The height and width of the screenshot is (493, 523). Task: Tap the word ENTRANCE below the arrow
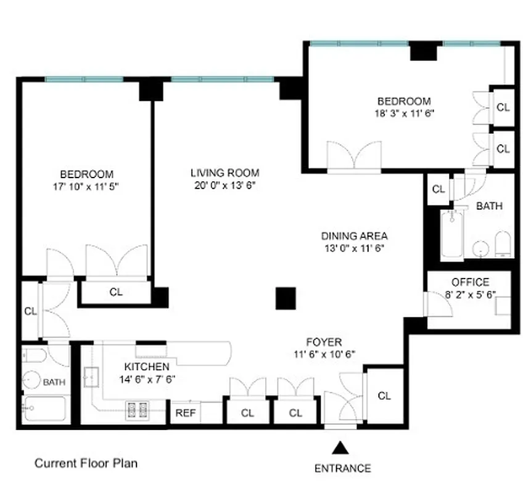click(343, 468)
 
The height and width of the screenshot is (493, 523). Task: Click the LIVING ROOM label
click(224, 173)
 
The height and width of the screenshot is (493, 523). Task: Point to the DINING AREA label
click(354, 236)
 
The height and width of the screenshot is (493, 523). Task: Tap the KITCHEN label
click(147, 367)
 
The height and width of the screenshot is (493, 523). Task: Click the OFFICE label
click(470, 282)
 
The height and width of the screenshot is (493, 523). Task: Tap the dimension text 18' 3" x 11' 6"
click(404, 113)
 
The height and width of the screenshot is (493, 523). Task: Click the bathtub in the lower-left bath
click(44, 409)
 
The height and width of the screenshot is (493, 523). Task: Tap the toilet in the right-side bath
click(503, 244)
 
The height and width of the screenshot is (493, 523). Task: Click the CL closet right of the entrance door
click(384, 396)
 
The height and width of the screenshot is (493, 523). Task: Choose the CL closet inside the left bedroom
click(115, 292)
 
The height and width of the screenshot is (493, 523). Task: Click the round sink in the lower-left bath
click(31, 381)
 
